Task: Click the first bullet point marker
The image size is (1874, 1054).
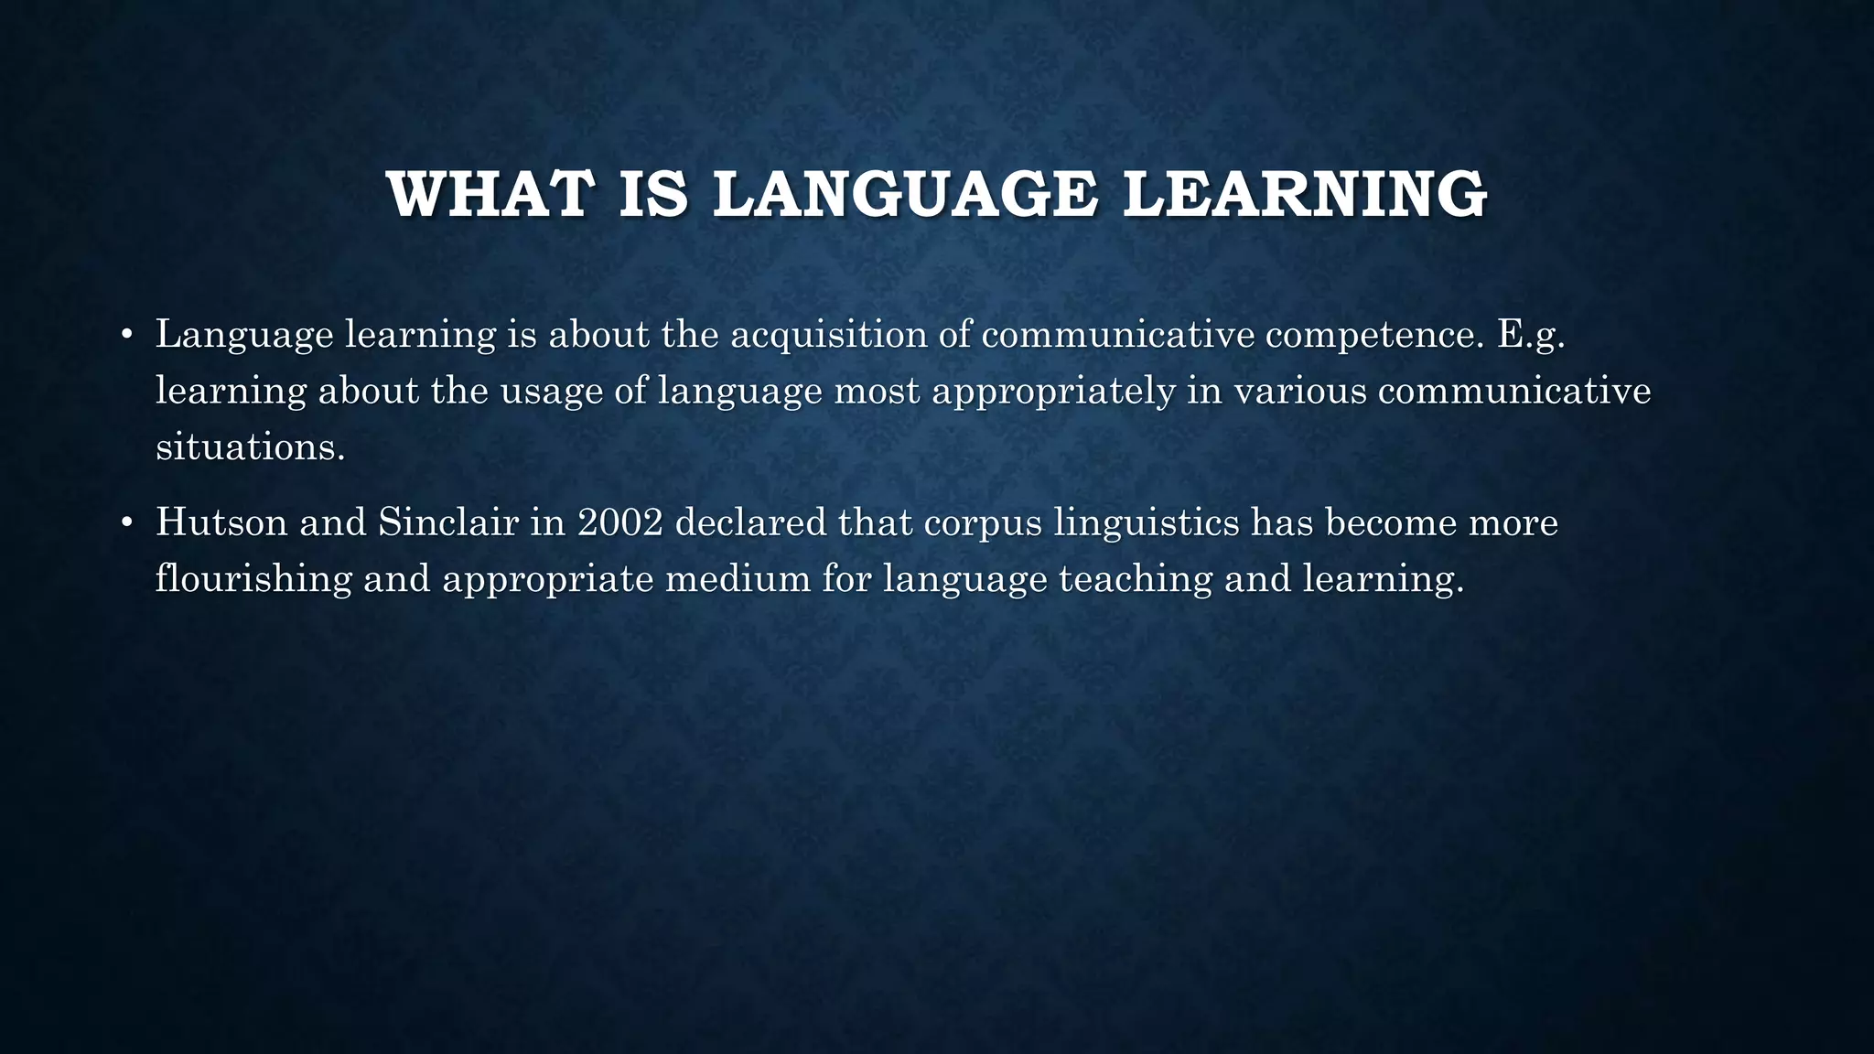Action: click(127, 335)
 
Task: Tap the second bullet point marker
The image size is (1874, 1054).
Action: click(127, 523)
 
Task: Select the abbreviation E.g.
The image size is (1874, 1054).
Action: click(1531, 335)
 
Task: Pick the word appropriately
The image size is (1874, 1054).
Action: click(1053, 392)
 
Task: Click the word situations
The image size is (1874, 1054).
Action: click(250, 447)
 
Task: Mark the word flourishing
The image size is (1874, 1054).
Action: click(253, 579)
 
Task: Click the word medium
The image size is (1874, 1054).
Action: click(738, 579)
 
